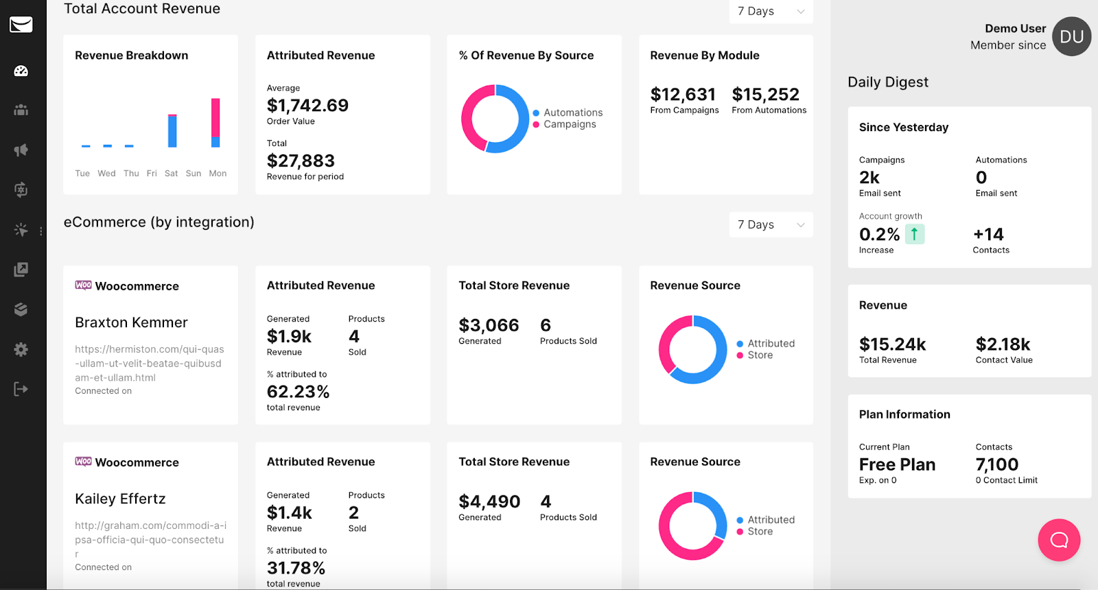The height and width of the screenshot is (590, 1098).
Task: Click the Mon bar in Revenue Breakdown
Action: [x=215, y=122]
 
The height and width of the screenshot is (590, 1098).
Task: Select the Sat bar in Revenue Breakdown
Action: [x=172, y=130]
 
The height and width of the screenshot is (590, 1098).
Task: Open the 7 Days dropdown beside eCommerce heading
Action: [x=771, y=225]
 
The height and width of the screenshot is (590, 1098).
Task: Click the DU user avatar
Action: [x=1071, y=37]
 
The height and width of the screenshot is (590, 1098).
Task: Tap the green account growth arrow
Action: [x=914, y=235]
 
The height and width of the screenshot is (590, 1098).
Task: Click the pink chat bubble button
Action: [x=1059, y=540]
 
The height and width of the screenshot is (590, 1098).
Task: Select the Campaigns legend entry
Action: [x=570, y=124]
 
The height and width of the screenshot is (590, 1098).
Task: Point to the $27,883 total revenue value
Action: [x=301, y=161]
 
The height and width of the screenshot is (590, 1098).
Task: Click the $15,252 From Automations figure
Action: [x=765, y=95]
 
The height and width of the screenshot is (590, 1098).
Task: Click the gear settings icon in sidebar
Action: [x=21, y=349]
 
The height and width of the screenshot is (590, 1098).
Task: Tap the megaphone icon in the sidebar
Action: [x=21, y=150]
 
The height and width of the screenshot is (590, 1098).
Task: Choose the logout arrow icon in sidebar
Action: [x=21, y=389]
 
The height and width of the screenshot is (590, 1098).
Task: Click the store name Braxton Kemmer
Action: [x=131, y=322]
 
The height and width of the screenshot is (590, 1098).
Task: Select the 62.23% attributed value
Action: [x=298, y=392]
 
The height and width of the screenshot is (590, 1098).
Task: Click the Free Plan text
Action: [x=897, y=464]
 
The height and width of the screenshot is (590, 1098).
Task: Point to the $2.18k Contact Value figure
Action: [x=1003, y=344]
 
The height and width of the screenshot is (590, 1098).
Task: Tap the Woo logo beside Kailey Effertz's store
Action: [x=83, y=462]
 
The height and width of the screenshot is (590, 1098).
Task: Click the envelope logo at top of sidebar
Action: [x=21, y=25]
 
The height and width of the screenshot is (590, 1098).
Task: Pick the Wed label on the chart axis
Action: [x=106, y=174]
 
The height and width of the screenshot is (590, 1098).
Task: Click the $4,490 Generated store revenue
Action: [x=489, y=502]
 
